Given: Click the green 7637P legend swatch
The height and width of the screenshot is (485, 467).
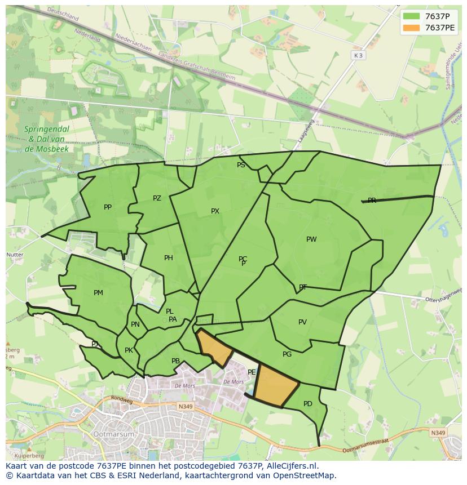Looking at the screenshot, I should [411, 16].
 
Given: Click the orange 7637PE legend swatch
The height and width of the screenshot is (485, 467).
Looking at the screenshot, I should [411, 28].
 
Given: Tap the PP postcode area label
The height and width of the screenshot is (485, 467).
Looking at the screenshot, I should [108, 207].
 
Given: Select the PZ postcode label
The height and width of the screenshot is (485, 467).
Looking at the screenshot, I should [157, 198].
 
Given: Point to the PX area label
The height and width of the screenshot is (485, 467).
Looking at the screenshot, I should [215, 211].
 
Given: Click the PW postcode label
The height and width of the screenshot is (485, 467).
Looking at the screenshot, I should [311, 239].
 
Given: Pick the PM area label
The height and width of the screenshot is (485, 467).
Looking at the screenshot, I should [98, 293].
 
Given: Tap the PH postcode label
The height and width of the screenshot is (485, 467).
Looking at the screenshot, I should [169, 258].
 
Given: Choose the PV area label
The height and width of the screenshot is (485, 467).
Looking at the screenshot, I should [302, 322].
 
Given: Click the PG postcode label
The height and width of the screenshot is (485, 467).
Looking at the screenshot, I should [287, 354].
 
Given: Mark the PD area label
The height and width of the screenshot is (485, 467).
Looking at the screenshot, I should [307, 404].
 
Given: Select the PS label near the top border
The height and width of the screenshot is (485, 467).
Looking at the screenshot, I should [241, 165].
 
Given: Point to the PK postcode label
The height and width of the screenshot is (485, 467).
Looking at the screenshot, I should [129, 350].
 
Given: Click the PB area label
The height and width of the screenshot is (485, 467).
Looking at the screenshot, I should [175, 361].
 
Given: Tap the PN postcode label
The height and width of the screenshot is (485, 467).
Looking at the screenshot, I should [135, 324].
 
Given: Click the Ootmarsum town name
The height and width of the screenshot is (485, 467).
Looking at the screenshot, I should [115, 435].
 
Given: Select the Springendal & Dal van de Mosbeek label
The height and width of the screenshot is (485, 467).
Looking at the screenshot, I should [46, 139].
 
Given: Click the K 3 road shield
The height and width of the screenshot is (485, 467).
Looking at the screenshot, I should [358, 55].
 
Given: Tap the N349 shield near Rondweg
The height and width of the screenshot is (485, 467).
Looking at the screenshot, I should [184, 406].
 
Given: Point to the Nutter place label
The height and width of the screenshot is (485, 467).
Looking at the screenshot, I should [15, 255].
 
